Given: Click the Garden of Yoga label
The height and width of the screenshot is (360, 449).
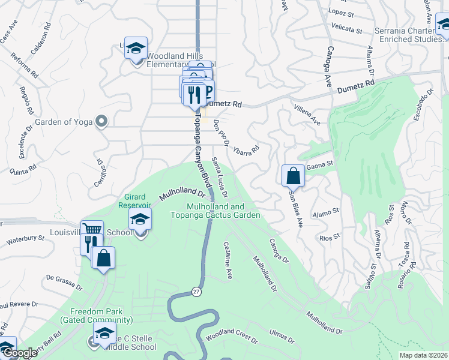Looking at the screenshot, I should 64,122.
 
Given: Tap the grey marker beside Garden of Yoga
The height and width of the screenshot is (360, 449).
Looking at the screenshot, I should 101,122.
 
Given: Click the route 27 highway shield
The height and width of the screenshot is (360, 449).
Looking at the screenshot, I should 196,291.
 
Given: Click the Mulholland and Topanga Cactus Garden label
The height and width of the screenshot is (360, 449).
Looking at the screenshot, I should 223,211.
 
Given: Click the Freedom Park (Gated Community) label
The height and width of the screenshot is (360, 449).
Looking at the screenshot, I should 96,316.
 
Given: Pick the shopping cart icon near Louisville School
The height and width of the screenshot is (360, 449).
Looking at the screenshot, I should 91,230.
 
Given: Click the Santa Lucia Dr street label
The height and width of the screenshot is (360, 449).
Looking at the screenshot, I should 220,178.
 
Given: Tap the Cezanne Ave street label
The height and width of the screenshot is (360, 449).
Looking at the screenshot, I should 228,260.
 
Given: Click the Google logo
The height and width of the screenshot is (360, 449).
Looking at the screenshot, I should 20,353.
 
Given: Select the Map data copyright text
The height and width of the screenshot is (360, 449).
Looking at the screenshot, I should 423,355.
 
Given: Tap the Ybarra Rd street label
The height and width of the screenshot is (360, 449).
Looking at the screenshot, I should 246,145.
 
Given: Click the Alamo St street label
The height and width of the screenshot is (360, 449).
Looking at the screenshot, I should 327,211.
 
